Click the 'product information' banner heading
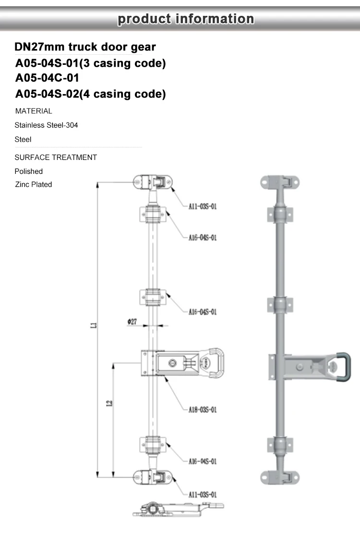click(x=186, y=19)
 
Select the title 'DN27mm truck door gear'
click(x=85, y=47)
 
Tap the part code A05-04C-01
click(x=47, y=78)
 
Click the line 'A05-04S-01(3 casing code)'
click(x=91, y=63)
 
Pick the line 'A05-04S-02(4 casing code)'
click(x=91, y=94)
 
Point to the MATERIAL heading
click(x=34, y=111)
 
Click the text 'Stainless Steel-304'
click(x=46, y=125)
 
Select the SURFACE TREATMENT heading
click(x=56, y=158)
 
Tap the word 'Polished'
click(x=29, y=171)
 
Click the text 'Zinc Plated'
click(x=34, y=184)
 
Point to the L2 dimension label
click(x=109, y=404)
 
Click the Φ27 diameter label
click(x=132, y=321)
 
